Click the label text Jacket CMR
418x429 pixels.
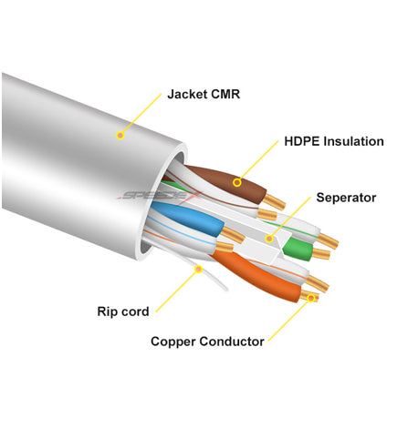point(204,94)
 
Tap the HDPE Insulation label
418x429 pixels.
point(334,141)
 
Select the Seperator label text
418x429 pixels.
point(346,198)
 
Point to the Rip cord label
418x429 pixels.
point(123,312)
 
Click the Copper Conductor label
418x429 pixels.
point(207,342)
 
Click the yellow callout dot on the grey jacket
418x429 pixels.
point(120,135)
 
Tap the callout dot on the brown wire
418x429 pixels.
point(237,182)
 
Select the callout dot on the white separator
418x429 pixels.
point(269,239)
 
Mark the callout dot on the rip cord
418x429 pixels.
point(199,269)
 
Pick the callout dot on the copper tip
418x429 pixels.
point(311,298)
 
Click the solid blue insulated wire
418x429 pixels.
point(188,218)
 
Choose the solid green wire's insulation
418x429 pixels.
point(298,249)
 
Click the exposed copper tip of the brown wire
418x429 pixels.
point(274,201)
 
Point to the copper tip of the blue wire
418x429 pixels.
point(233,234)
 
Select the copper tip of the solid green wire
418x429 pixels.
point(321,253)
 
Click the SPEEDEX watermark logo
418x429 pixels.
point(158,195)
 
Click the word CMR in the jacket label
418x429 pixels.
point(225,94)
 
